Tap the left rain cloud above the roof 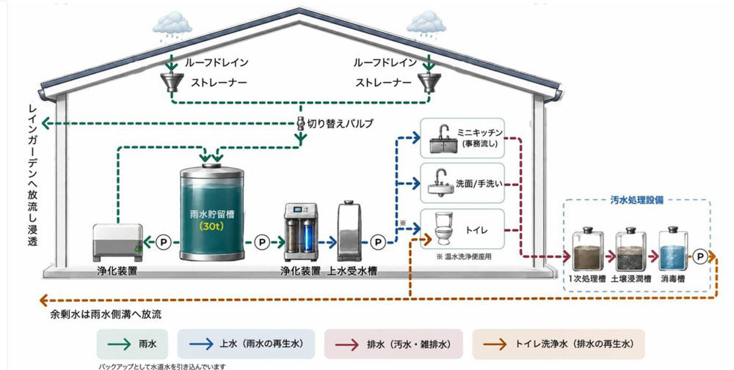[x=172, y=25]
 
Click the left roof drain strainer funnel [x=171, y=82]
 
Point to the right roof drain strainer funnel [x=429, y=82]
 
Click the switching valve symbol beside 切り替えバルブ [x=300, y=123]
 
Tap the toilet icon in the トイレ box [x=443, y=228]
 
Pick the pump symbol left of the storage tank [x=164, y=242]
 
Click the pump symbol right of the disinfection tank [x=700, y=256]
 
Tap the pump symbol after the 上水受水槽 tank [x=378, y=242]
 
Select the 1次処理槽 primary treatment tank [x=587, y=248]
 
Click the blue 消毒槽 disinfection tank [x=673, y=248]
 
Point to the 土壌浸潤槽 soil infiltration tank [x=631, y=248]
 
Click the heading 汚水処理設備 [x=636, y=201]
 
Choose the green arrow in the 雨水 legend [x=119, y=344]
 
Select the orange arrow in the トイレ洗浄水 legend [x=495, y=344]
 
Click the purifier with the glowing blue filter [x=300, y=232]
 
